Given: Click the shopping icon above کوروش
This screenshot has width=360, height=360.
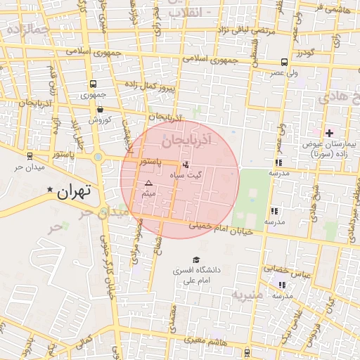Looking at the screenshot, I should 101,109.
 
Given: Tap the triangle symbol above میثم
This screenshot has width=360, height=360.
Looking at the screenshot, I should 148,183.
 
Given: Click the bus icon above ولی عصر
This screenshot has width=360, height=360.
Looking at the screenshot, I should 283,62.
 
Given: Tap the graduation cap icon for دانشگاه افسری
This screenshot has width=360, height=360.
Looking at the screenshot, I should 195,259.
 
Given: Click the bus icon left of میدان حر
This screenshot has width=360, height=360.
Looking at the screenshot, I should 30,156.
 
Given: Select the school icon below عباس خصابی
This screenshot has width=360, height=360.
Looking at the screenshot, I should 282,285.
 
